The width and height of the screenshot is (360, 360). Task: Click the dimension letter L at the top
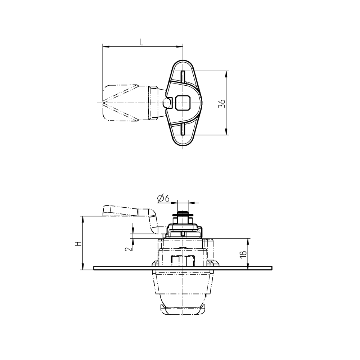tap(142, 42)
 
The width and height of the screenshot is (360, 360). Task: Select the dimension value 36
tap(222, 103)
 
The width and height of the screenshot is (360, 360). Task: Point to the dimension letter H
tap(77, 243)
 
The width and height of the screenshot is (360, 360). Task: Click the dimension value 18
tap(244, 253)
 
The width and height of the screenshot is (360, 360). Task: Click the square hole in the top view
tap(183, 103)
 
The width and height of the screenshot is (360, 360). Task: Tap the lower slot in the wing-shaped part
tap(183, 128)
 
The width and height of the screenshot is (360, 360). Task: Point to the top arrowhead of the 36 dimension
tap(226, 73)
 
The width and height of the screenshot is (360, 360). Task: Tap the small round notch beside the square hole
tap(166, 103)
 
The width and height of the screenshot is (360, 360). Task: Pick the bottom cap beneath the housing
tap(183, 310)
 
